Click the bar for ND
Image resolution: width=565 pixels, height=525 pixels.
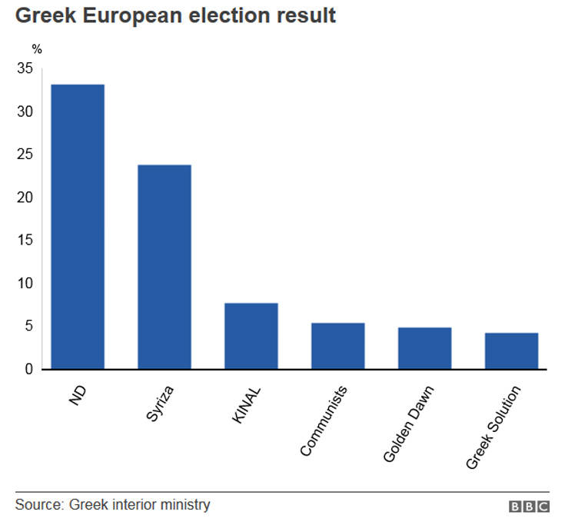pyautogui.click(x=78, y=227)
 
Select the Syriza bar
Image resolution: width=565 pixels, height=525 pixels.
pyautogui.click(x=165, y=267)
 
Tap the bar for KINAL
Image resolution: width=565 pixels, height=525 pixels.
pyautogui.click(x=251, y=336)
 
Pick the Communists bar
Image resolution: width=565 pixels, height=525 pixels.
pyautogui.click(x=338, y=346)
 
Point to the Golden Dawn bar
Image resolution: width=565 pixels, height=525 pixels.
pyautogui.click(x=425, y=348)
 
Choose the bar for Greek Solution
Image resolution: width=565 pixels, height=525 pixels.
pyautogui.click(x=512, y=351)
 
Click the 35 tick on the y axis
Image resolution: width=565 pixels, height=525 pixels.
pyautogui.click(x=26, y=69)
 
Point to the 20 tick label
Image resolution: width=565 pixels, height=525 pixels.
pyautogui.click(x=26, y=198)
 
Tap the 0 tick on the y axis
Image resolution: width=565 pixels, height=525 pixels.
pyautogui.click(x=29, y=369)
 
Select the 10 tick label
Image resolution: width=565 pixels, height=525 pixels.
pyautogui.click(x=26, y=284)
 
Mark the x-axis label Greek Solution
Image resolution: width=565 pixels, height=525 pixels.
pyautogui.click(x=494, y=427)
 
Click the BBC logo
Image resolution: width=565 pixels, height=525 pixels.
pyautogui.click(x=529, y=507)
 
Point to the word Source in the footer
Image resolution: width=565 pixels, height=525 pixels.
pyautogui.click(x=38, y=505)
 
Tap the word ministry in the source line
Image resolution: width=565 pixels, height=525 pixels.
pyautogui.click(x=186, y=505)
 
